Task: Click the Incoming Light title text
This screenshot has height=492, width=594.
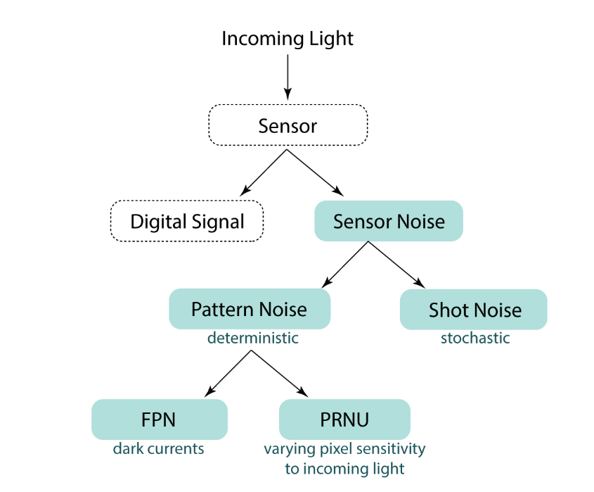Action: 288,39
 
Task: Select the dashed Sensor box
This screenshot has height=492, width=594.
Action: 288,126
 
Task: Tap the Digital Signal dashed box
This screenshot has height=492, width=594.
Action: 187,222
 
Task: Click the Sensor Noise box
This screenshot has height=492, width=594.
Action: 389,222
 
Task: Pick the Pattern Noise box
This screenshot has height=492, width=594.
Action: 249,309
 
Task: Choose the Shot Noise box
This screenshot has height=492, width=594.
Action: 474,310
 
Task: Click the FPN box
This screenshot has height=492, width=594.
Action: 160,420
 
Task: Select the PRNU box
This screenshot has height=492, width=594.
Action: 344,420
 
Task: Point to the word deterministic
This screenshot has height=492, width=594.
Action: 252,339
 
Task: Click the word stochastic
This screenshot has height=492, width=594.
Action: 475,339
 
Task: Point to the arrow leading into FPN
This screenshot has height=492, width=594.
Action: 228,373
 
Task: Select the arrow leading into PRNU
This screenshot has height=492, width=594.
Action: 280,373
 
